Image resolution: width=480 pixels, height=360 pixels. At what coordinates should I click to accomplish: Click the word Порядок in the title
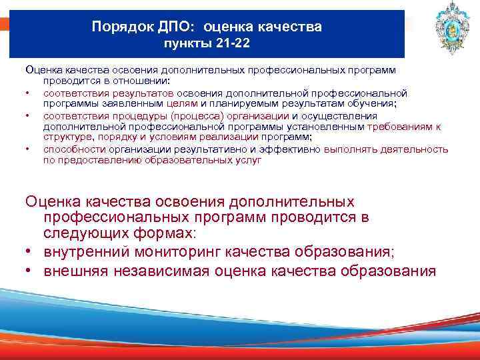119,27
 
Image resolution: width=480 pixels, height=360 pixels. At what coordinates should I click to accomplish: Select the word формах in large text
161,235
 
